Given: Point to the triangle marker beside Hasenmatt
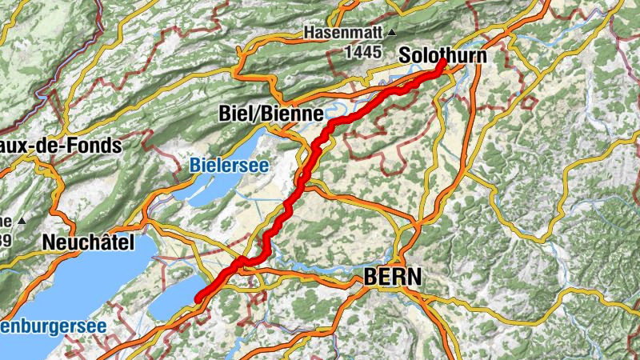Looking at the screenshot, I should click(x=391, y=34).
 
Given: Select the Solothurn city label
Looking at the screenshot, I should click(x=442, y=56).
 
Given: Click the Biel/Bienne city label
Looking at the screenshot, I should click(x=270, y=114).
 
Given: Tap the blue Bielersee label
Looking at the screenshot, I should click(x=229, y=166).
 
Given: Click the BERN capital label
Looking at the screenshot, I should click(x=392, y=277).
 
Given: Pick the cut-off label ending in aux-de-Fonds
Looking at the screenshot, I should click(x=60, y=146).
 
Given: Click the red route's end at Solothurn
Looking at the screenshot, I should click(x=442, y=63).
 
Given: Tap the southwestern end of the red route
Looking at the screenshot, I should click(x=197, y=299).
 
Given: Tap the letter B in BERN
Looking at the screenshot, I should click(x=370, y=277).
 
